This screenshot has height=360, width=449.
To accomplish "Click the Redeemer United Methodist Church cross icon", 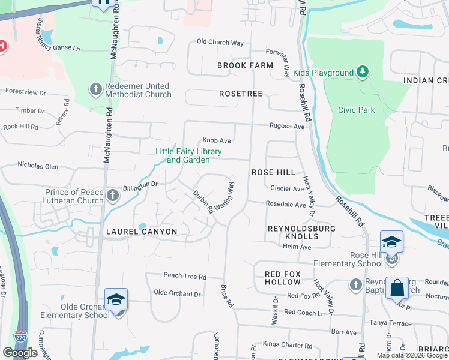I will (x=95, y=89).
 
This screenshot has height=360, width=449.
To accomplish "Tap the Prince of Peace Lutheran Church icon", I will (x=113, y=196).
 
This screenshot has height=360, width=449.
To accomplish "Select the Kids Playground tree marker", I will (x=362, y=73).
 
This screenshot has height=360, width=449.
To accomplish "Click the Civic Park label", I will (x=357, y=110).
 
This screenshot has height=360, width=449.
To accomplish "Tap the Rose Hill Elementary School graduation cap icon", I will (x=391, y=242).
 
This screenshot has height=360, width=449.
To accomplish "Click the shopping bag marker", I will (x=397, y=289).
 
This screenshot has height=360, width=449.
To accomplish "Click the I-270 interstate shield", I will (x=20, y=338).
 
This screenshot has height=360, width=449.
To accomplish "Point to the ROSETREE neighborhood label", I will (x=241, y=94).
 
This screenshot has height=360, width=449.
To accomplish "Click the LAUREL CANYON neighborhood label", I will (x=142, y=232).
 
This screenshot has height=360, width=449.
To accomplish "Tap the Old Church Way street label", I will (x=220, y=43).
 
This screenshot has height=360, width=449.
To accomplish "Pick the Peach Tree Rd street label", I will (x=185, y=277).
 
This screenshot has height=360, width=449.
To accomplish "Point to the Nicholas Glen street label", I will (x=38, y=165).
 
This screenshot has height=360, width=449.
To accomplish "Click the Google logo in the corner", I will (x=20, y=353).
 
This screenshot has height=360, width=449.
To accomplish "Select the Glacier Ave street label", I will (x=287, y=188).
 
